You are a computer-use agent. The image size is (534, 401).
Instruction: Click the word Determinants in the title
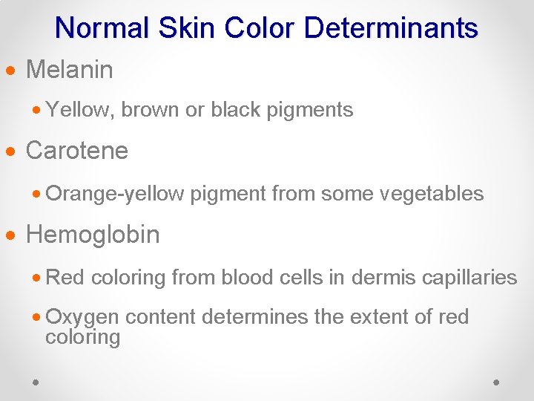tap(391, 28)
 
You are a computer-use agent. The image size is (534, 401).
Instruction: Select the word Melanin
tap(70, 71)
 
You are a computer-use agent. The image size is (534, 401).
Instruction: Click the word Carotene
tap(77, 151)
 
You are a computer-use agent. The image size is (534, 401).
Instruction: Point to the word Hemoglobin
tap(93, 235)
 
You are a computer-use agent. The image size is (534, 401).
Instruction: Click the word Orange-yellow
tap(115, 195)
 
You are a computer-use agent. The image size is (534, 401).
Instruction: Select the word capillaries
tap(469, 278)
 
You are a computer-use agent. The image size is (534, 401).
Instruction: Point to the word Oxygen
tap(82, 318)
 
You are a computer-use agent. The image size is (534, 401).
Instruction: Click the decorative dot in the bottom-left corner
tap(36, 382)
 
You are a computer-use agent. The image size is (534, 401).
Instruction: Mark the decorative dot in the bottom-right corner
tap(496, 382)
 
